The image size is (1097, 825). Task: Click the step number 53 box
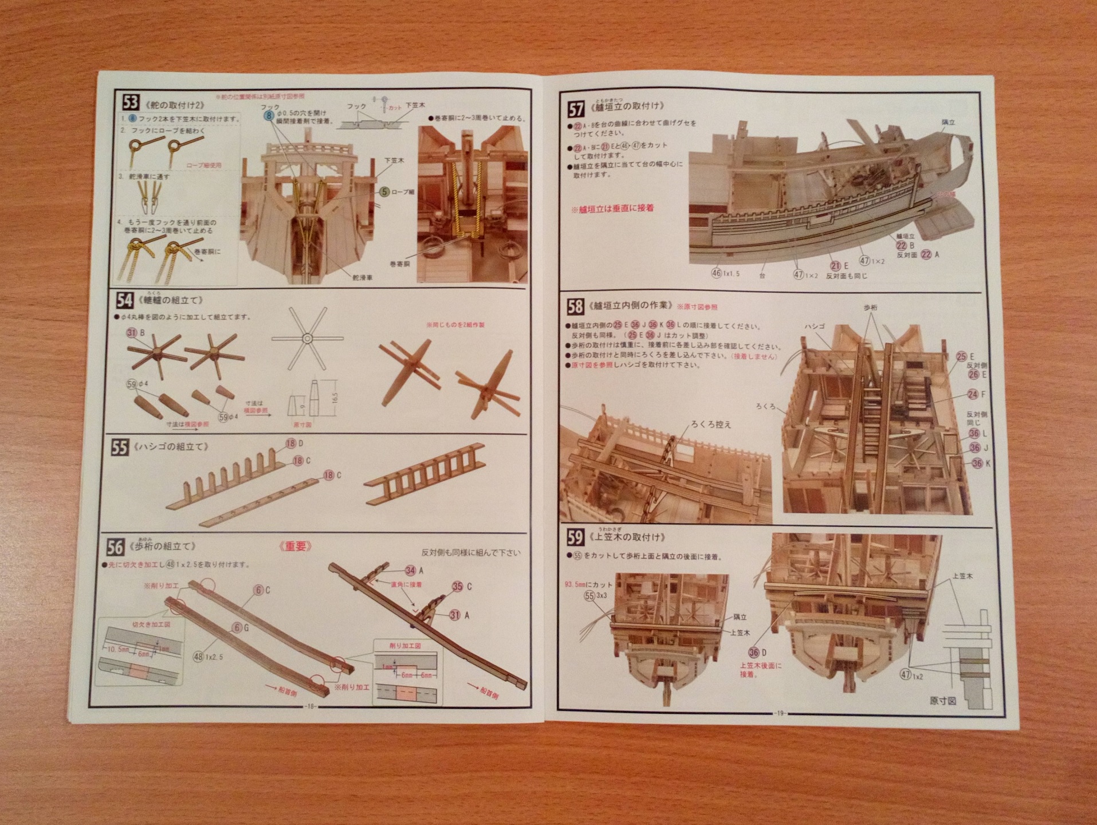pyautogui.click(x=130, y=103)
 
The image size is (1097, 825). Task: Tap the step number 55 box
pyautogui.click(x=119, y=447)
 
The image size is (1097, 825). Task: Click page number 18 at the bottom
pyautogui.click(x=310, y=706)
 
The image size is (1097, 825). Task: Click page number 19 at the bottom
pyautogui.click(x=779, y=713)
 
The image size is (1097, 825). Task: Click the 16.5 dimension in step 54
pyautogui.click(x=334, y=396)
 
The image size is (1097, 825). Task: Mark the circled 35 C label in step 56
pyautogui.click(x=462, y=586)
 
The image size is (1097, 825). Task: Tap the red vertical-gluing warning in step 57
pyautogui.click(x=612, y=208)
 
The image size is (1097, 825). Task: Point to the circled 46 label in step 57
pyautogui.click(x=717, y=274)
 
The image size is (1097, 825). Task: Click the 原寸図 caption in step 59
pyautogui.click(x=942, y=701)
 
